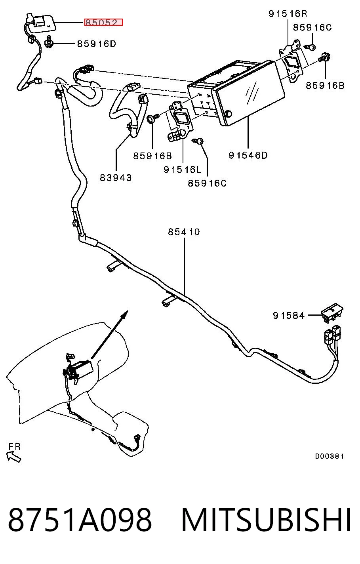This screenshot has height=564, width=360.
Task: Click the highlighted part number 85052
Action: (x=103, y=23)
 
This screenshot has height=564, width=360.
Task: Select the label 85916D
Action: (x=96, y=44)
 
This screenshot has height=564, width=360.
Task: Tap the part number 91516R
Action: (x=288, y=13)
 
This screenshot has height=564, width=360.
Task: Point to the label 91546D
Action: (x=248, y=155)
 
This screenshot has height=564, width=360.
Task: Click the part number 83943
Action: (x=116, y=178)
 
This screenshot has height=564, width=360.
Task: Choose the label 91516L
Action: (x=183, y=170)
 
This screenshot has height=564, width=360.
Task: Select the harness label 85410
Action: (x=184, y=232)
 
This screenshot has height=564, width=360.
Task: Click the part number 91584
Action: (x=289, y=315)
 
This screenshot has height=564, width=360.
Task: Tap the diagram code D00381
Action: (x=329, y=456)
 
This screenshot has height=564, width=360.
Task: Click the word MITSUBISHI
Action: (x=266, y=519)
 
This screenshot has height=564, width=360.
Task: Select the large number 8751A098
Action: (x=80, y=519)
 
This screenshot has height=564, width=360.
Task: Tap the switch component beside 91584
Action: (x=332, y=312)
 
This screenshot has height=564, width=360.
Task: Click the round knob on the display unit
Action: (x=229, y=114)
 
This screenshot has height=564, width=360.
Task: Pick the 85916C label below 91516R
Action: (x=312, y=27)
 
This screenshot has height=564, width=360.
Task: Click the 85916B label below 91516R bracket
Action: (x=325, y=86)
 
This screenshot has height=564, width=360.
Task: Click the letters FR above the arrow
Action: (x=14, y=446)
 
